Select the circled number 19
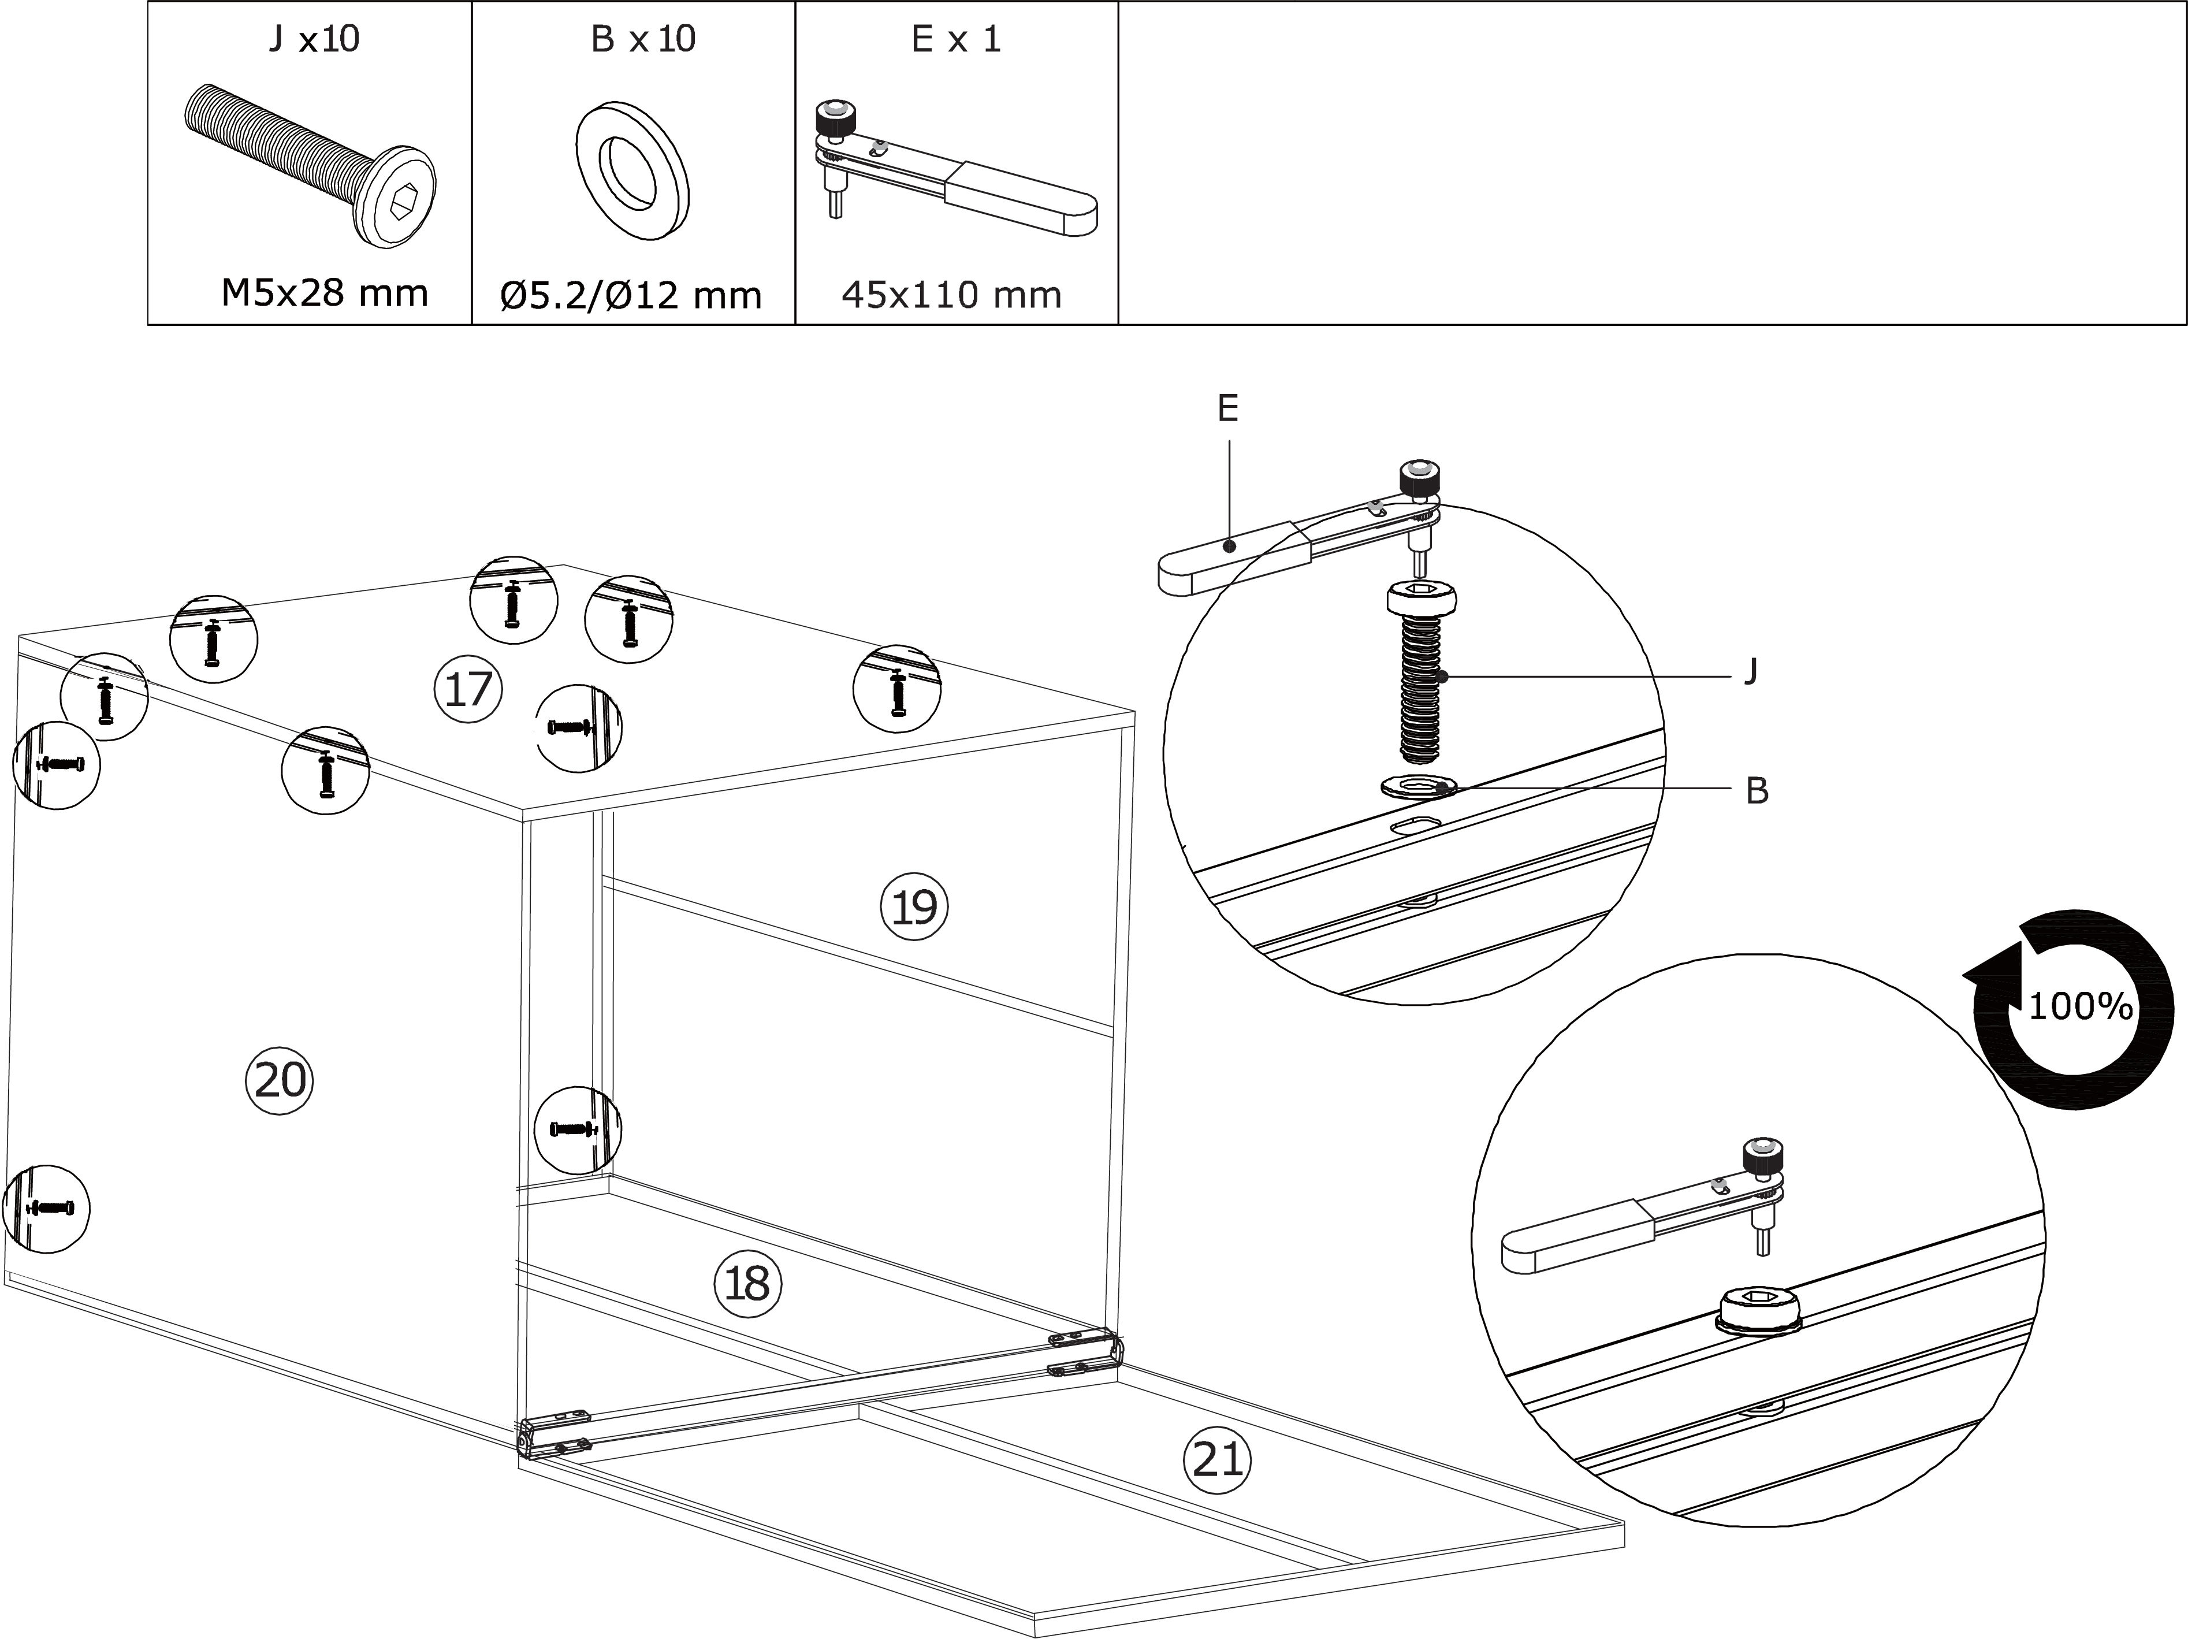[914, 906]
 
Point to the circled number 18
[748, 1284]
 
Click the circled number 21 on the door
[1216, 1459]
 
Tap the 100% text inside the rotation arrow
[2080, 1007]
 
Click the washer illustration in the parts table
[633, 168]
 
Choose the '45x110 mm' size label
[951, 295]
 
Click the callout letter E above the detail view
[1227, 407]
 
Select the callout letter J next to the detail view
[1751, 672]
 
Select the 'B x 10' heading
[643, 39]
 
